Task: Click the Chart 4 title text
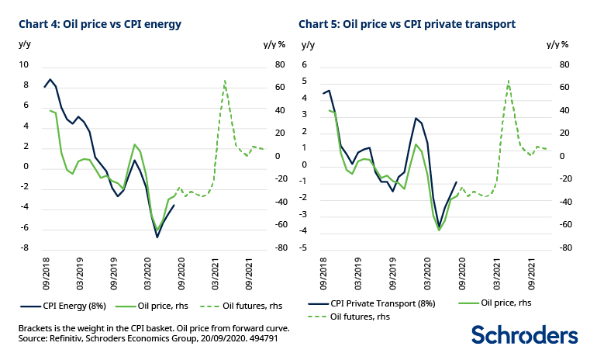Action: (100, 24)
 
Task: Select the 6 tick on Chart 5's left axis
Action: (305, 65)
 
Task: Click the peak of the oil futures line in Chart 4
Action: (225, 81)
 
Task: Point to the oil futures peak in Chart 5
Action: (508, 81)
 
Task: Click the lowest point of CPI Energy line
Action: (157, 237)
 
